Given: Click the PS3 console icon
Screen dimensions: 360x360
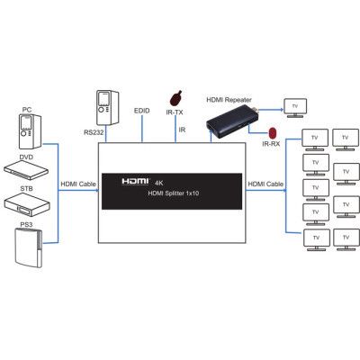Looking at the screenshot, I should click(27, 249).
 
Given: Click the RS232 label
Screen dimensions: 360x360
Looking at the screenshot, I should click(95, 133).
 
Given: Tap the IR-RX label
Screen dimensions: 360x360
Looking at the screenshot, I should click(270, 144).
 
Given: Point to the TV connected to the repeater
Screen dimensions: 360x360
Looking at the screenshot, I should click(295, 106).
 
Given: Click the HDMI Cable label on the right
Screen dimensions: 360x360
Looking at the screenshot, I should click(266, 184).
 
